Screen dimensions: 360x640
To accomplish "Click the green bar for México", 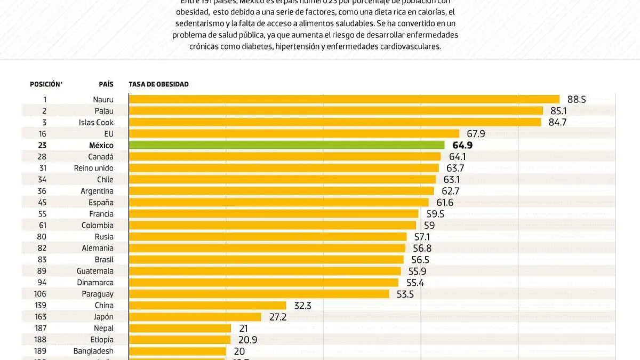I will coord(286,145).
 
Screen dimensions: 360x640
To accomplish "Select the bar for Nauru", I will coord(344,99).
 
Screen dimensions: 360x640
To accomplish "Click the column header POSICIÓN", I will coord(46,84).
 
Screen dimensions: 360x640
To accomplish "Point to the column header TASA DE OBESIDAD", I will coord(158,84).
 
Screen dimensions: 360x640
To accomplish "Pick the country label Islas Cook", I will coord(96,122).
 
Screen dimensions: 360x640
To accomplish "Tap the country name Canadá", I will coord(101,156).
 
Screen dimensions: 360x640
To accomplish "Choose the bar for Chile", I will coord(283,179).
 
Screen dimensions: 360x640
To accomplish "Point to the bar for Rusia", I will coord(267,236).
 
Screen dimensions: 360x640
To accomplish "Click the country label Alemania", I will coord(98,248).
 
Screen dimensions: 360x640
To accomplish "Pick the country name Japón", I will coord(103,317).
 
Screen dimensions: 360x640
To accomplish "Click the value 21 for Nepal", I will coord(243,328).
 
